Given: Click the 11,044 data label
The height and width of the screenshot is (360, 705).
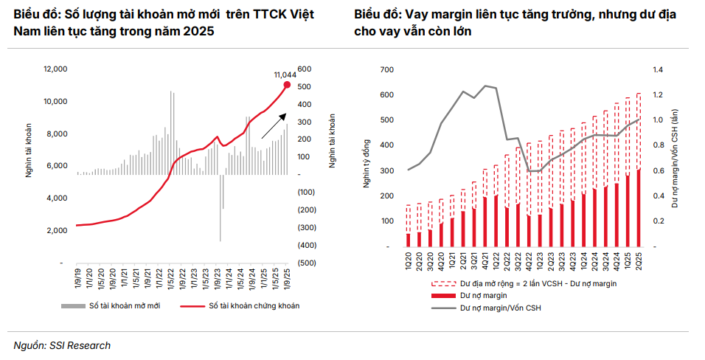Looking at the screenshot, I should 285,75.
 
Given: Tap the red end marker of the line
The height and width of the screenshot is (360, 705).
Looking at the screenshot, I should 287,85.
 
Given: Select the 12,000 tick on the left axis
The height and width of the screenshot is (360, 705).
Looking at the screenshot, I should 56,69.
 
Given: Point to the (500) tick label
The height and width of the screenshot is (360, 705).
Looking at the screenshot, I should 307,263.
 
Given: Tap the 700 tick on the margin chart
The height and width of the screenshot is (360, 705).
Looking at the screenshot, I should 386,69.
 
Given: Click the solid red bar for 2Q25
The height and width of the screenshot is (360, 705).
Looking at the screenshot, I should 639,207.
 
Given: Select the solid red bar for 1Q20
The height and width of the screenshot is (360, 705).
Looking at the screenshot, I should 408,240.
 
